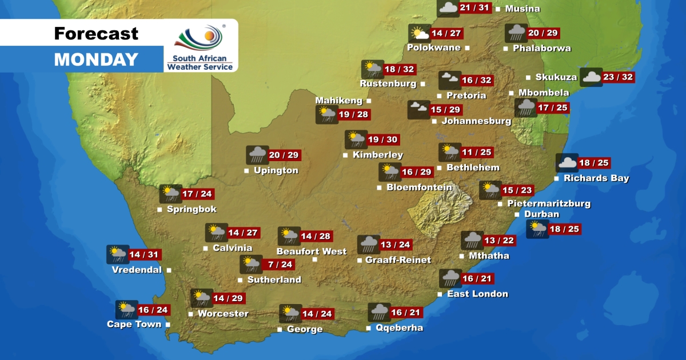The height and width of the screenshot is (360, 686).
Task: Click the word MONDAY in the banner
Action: coord(96,59)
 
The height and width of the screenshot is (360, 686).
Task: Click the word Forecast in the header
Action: coord(96,34)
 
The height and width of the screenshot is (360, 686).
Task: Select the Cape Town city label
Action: coord(134,325)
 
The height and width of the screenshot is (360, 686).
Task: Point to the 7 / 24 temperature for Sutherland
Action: coord(280,264)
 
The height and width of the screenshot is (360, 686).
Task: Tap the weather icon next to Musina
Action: coord(448,8)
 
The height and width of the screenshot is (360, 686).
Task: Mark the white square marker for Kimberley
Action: coord(345,155)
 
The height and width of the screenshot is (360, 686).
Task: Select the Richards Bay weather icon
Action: coord(567,163)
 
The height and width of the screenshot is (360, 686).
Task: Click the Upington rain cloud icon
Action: coord(257,155)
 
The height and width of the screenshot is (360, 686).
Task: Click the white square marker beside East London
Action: coord(440,294)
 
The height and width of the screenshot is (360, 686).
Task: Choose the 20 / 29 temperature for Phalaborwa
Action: coord(544,33)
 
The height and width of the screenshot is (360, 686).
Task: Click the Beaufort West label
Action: coord(312,251)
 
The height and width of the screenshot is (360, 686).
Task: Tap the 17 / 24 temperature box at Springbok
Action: coord(197,194)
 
